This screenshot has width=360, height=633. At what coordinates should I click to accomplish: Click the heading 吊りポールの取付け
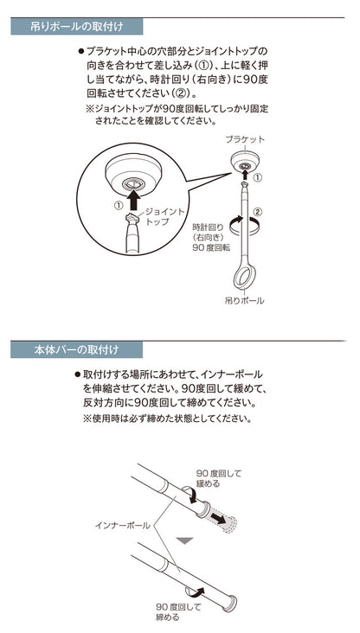pyautogui.click(x=77, y=27)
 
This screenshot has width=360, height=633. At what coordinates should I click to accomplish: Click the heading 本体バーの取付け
pyautogui.click(x=77, y=349)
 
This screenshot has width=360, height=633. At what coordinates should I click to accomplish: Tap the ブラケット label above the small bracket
pyautogui.click(x=245, y=140)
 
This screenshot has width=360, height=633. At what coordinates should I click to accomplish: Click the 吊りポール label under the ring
pyautogui.click(x=244, y=300)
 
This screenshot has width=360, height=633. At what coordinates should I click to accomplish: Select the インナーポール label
pyautogui.click(x=122, y=526)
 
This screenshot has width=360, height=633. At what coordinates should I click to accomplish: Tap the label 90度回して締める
pyautogui.click(x=178, y=612)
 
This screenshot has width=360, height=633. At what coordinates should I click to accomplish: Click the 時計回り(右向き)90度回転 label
pyautogui.click(x=211, y=237)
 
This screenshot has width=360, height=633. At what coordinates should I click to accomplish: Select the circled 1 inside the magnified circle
pyautogui.click(x=119, y=206)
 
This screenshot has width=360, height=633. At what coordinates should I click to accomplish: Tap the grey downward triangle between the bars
pyautogui.click(x=185, y=540)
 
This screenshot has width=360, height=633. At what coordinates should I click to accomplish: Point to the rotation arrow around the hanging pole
pyautogui.click(x=244, y=225)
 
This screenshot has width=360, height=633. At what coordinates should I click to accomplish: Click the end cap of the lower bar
pyautogui.click(x=231, y=603)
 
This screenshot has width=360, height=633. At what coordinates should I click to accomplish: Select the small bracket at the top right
pyautogui.click(x=244, y=161)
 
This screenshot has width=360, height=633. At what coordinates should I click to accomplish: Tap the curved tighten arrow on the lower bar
pyautogui.click(x=196, y=591)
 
